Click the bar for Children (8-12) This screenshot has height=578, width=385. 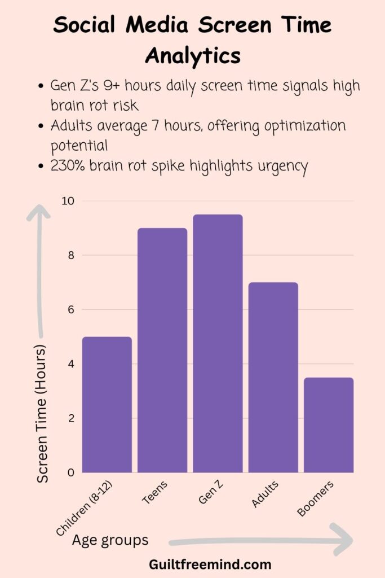click(x=107, y=404)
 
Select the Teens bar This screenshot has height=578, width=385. click(x=162, y=350)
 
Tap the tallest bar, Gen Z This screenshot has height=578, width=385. click(x=218, y=343)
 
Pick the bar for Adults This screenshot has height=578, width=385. click(x=273, y=377)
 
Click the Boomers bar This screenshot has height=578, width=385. click(x=329, y=424)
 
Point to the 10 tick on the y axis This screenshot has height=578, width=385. click(x=69, y=201)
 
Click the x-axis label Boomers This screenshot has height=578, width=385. click(x=316, y=498)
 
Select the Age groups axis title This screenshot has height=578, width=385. click(x=110, y=540)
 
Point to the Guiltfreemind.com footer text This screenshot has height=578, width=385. click(x=210, y=564)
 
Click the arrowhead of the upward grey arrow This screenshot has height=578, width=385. click(x=38, y=213)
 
